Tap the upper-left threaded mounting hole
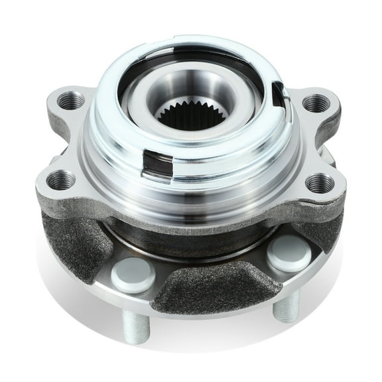pos(70,101)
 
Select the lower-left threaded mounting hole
pos(60,179)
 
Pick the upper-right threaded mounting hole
pos(316,103)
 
